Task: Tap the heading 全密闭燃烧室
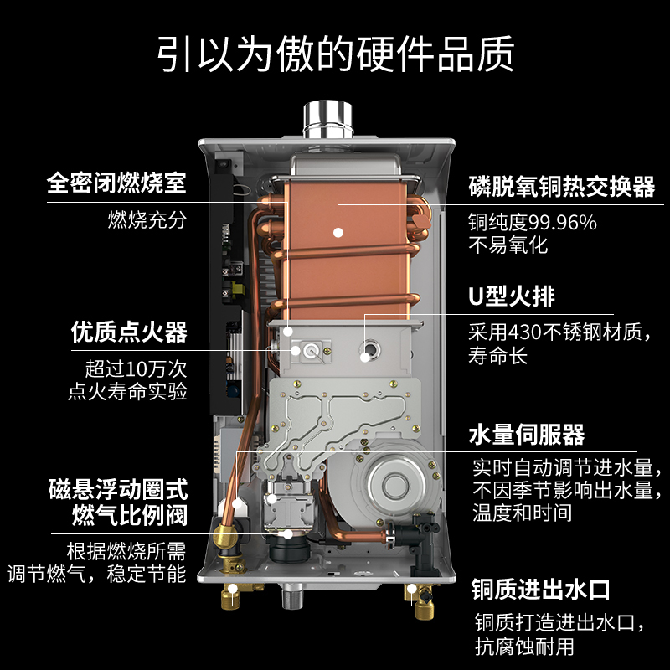click(x=116, y=183)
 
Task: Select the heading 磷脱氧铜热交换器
click(x=561, y=187)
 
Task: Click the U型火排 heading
click(x=512, y=296)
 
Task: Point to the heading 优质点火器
click(x=128, y=332)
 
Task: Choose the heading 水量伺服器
click(x=526, y=435)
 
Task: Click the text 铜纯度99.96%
click(x=533, y=223)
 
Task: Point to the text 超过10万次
click(x=135, y=368)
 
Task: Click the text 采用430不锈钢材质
click(x=559, y=332)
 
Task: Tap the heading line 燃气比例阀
click(x=128, y=513)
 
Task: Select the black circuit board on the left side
click(x=227, y=285)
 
